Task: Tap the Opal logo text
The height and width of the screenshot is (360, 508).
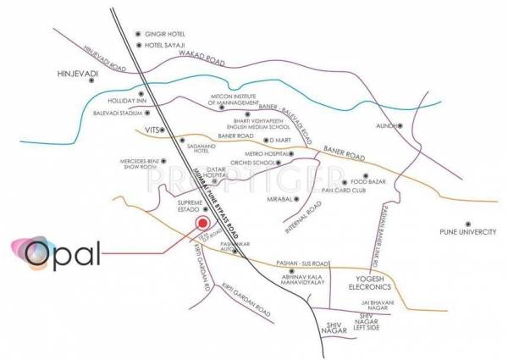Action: (x=62, y=252)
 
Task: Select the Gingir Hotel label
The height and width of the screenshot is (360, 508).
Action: (x=166, y=30)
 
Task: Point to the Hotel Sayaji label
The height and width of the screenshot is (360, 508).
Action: (x=166, y=44)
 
